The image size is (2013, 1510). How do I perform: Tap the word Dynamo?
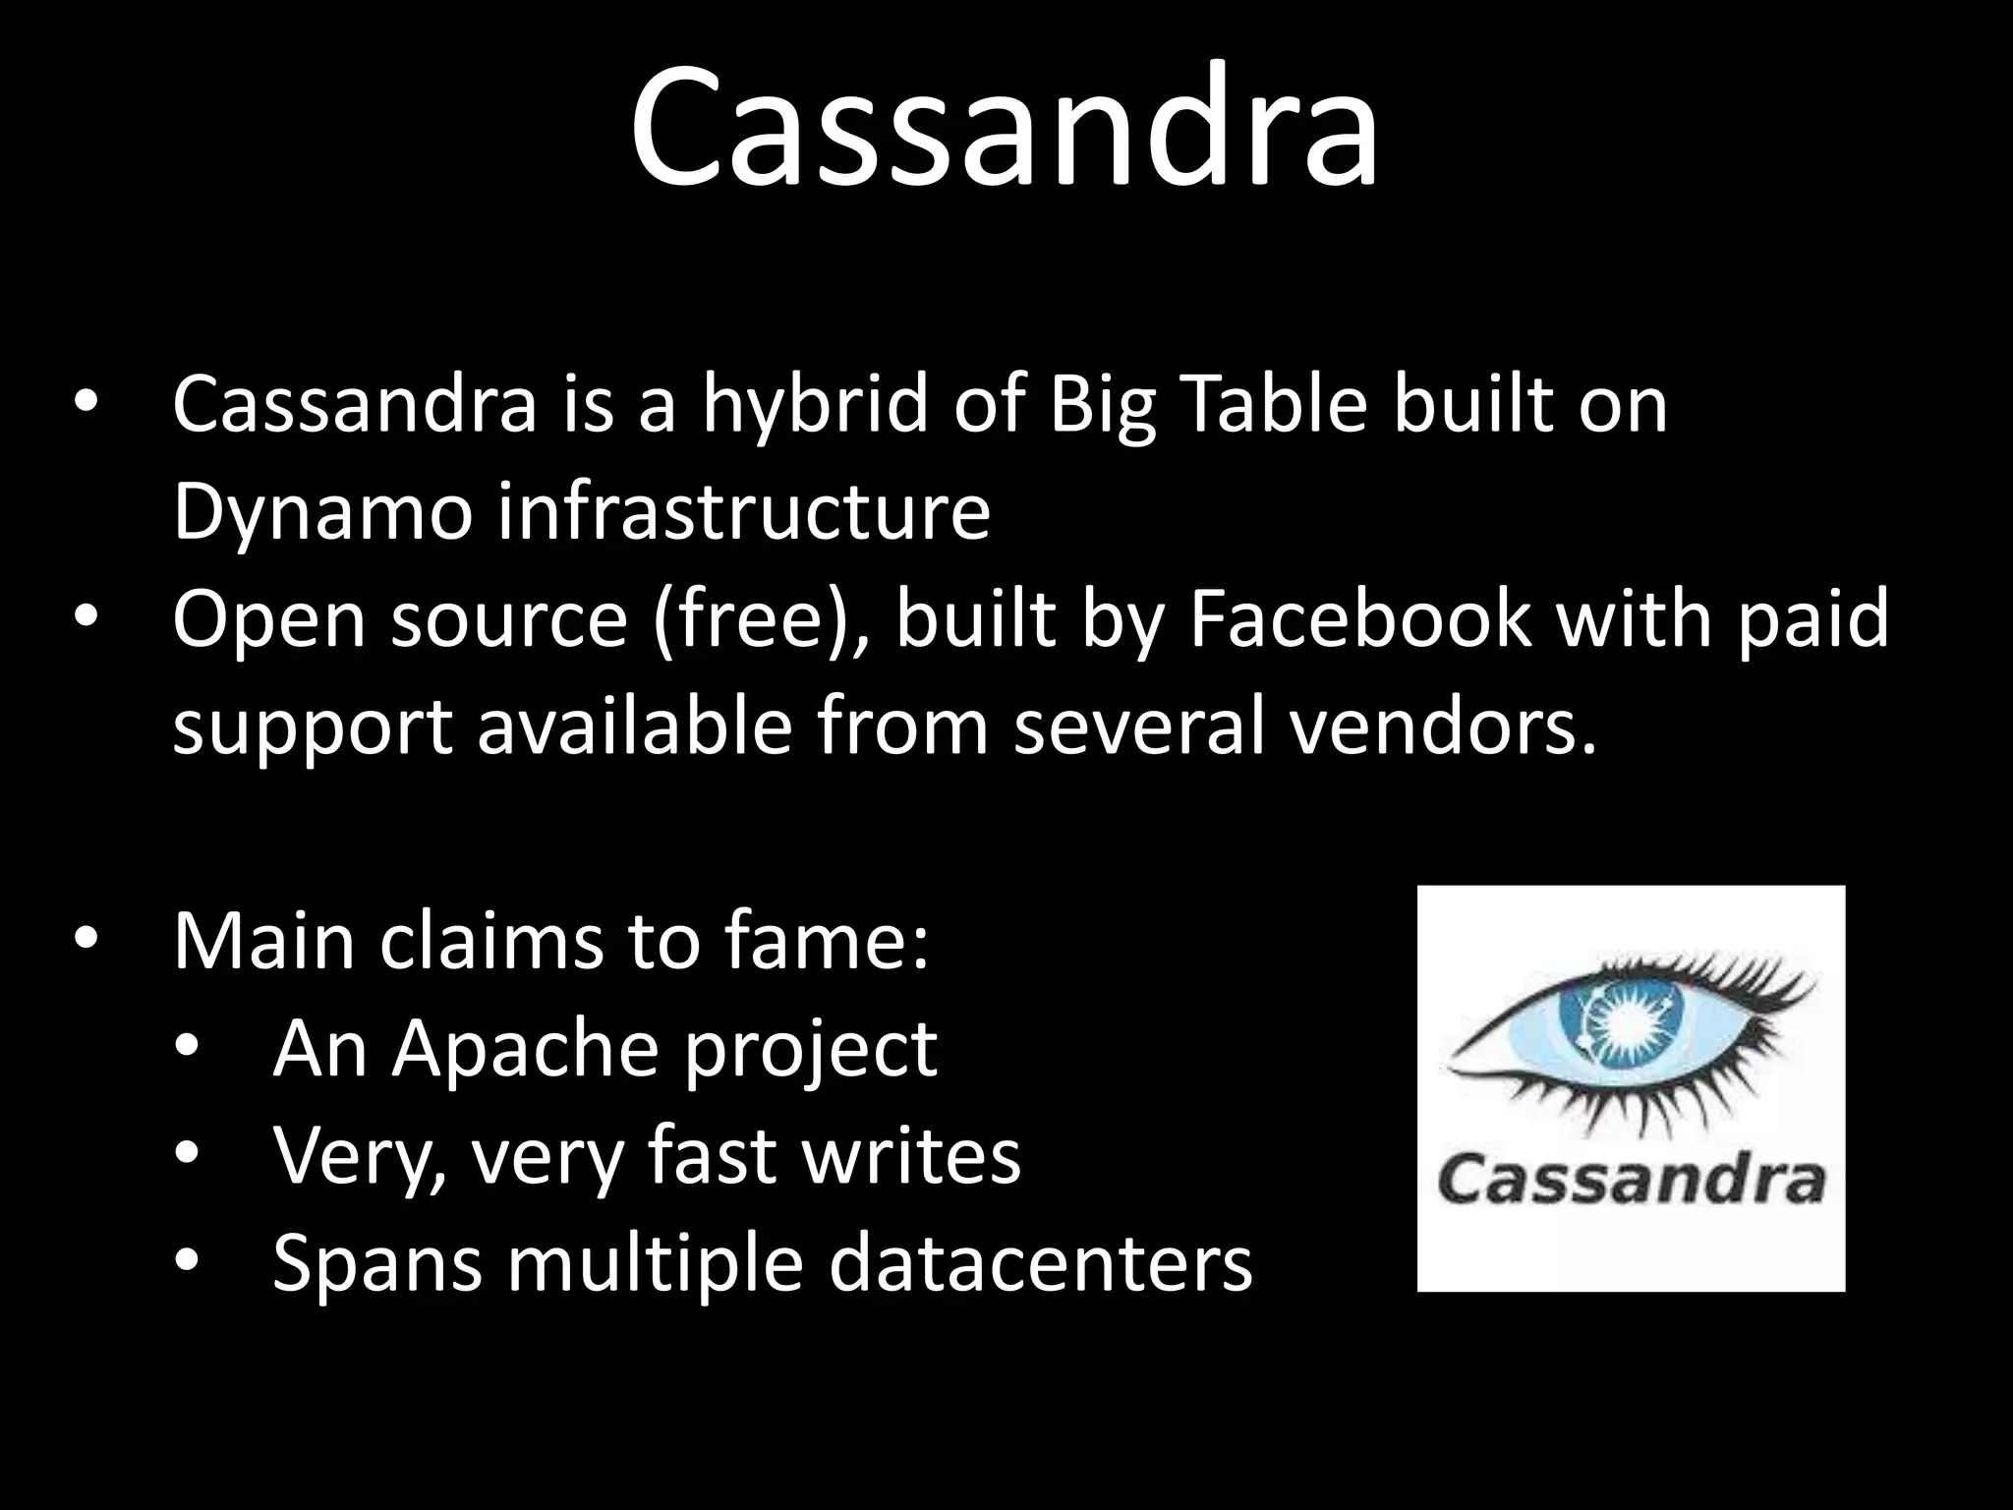(x=322, y=512)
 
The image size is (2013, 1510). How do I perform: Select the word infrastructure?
(x=744, y=512)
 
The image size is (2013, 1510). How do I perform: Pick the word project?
(x=811, y=1050)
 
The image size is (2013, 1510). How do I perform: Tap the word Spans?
(x=377, y=1264)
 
